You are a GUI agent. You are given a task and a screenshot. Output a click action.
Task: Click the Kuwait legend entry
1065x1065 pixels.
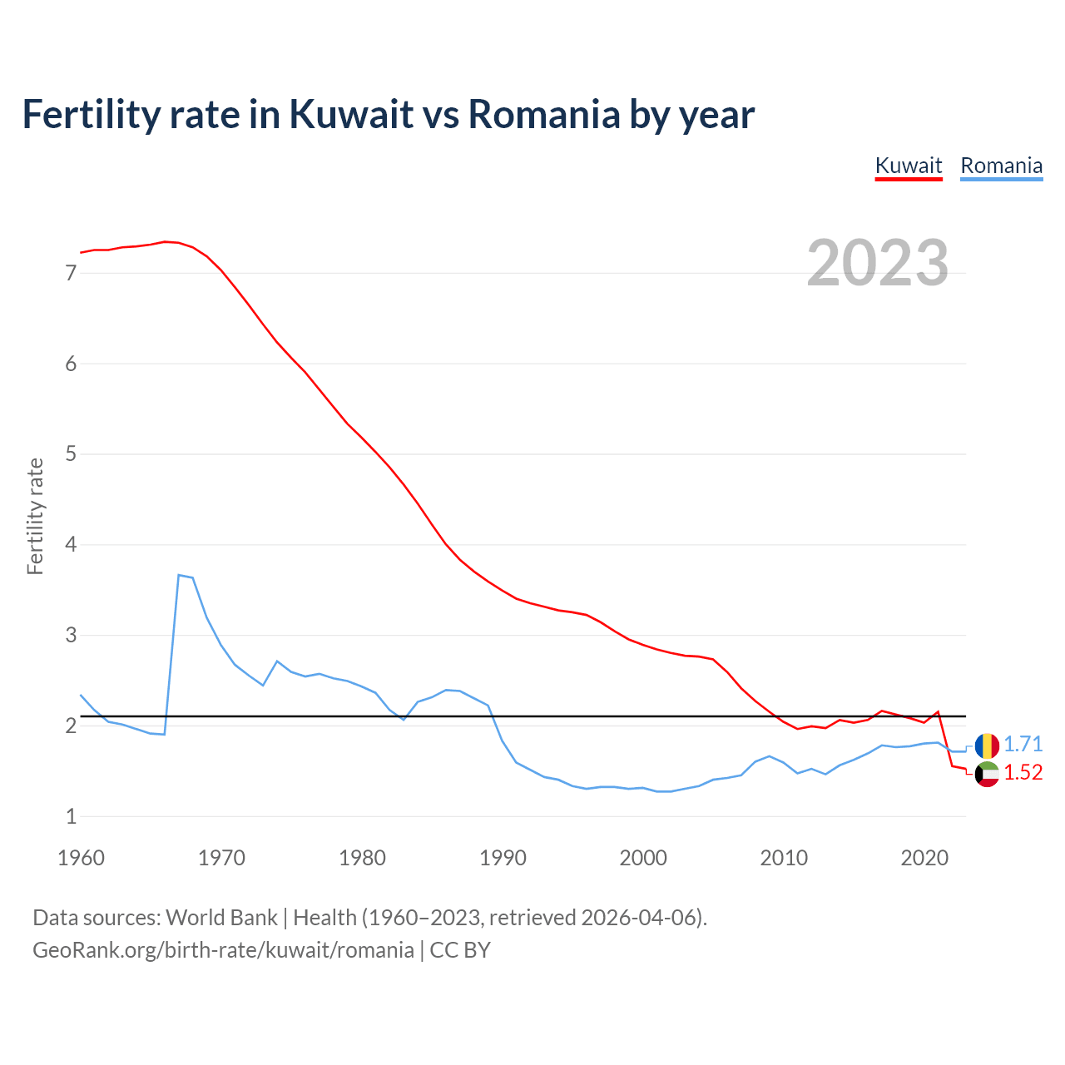point(909,166)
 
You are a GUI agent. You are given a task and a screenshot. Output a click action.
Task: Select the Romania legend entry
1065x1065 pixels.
point(1001,166)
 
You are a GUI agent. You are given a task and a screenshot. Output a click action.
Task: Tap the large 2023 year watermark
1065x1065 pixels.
point(878,263)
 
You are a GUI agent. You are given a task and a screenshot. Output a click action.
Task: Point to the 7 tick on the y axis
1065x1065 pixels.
point(71,273)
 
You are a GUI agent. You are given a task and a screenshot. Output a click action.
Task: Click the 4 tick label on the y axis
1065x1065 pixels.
point(71,545)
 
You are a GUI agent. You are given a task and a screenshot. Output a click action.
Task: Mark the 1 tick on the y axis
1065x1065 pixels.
point(71,816)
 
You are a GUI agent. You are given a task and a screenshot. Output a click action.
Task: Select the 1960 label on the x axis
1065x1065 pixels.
point(81,858)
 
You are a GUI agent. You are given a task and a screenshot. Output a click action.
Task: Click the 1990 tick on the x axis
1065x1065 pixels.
point(503,858)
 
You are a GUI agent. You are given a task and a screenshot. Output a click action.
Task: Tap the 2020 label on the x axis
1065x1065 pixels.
point(924,858)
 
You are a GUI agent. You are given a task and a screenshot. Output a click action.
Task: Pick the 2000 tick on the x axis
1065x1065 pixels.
point(643,858)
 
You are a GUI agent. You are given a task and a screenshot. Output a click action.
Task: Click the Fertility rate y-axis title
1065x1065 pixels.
point(35,516)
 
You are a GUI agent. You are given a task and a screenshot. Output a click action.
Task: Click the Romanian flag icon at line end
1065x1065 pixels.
point(987,745)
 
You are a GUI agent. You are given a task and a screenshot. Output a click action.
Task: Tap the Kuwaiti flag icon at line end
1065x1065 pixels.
point(987,774)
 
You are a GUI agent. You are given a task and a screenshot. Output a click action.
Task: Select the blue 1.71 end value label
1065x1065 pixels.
point(1023,744)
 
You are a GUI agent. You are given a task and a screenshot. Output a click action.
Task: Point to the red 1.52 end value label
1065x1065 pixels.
point(1023,773)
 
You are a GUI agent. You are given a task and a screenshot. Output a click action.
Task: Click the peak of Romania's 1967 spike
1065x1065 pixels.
point(179,575)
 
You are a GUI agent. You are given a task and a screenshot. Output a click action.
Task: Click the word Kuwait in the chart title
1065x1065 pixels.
point(350,114)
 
